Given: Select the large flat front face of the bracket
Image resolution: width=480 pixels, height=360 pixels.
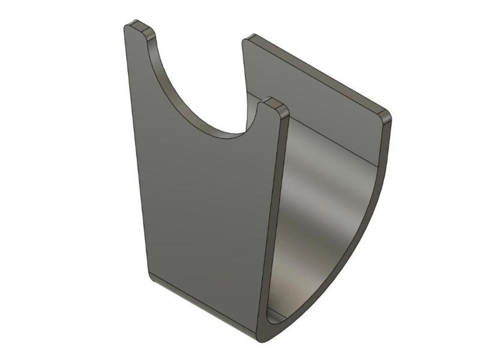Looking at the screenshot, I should [x=204, y=204].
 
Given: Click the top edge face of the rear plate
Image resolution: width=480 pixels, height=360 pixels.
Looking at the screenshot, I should [x=318, y=75].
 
